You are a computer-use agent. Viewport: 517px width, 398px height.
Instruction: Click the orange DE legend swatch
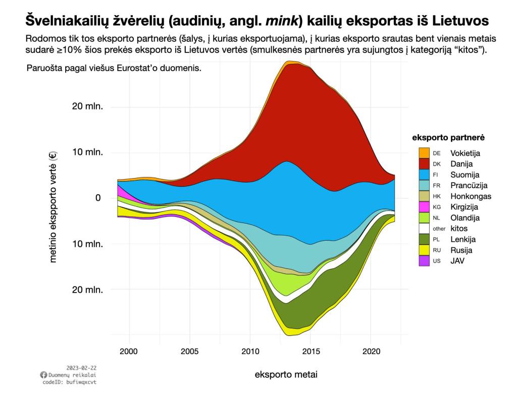(424, 153)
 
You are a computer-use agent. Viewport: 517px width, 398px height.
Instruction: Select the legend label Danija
(461, 164)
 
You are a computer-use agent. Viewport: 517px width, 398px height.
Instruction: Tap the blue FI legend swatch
(424, 175)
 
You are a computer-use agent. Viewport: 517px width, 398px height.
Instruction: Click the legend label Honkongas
(471, 196)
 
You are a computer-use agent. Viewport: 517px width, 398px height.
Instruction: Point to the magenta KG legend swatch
(424, 207)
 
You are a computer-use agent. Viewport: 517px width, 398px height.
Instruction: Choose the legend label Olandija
(465, 218)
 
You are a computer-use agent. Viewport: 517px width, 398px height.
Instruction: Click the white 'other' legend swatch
(424, 229)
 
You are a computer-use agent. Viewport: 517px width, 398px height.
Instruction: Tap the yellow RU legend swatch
(424, 250)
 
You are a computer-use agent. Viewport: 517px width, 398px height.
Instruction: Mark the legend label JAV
(457, 261)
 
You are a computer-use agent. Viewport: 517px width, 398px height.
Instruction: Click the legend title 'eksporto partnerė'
(449, 137)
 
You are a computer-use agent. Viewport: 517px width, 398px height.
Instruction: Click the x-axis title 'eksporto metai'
(286, 374)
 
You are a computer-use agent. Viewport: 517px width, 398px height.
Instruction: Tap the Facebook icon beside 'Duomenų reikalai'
(43, 375)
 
